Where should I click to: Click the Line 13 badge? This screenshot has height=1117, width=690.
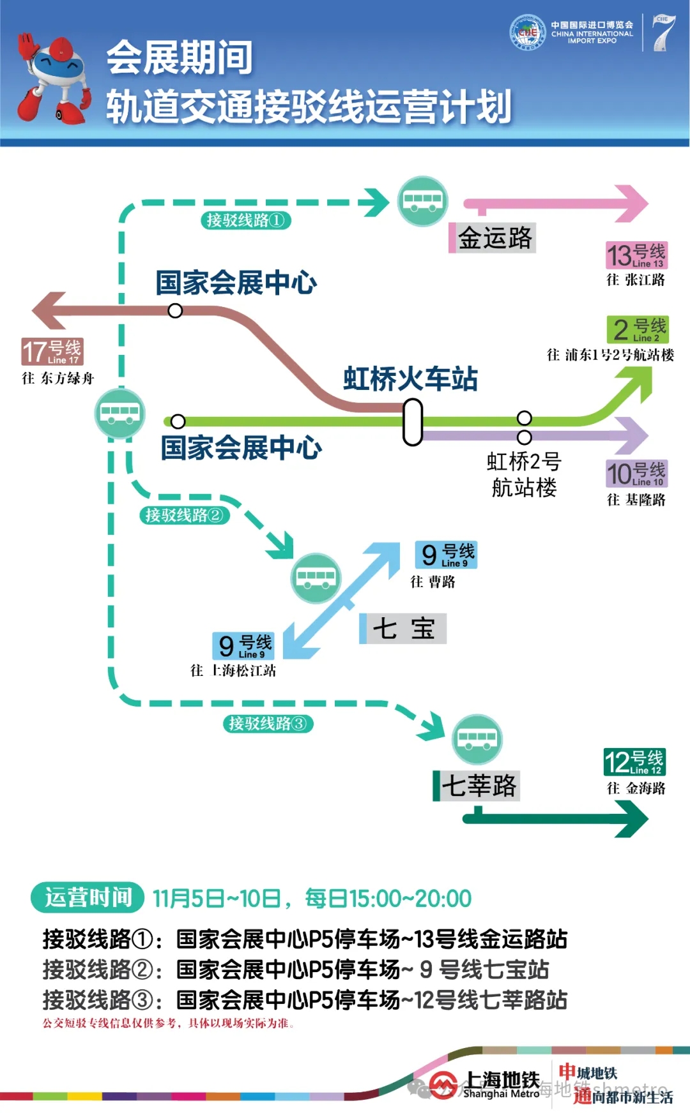636,255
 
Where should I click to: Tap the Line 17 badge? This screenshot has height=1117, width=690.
52,351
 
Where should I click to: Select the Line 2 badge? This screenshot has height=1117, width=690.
638,329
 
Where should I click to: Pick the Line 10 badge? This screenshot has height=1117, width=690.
636,474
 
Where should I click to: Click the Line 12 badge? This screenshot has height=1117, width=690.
634,761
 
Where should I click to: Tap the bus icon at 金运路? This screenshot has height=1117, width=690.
422,200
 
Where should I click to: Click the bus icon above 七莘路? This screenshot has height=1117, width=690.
477,739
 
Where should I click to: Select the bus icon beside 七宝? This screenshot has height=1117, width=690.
316,578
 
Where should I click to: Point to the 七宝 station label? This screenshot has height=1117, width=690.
402,629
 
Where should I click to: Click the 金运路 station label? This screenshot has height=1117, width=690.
492,238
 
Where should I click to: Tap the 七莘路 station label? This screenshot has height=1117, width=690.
477,785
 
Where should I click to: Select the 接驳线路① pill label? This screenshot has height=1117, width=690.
246,220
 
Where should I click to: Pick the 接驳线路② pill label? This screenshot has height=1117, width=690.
185,515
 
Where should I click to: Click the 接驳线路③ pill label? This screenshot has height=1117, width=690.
268,723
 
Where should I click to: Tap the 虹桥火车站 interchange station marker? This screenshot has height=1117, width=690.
413,422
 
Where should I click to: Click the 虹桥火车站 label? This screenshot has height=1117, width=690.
410,379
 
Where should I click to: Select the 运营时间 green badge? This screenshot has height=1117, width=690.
88,897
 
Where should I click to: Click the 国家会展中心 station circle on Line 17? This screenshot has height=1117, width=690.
175,311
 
